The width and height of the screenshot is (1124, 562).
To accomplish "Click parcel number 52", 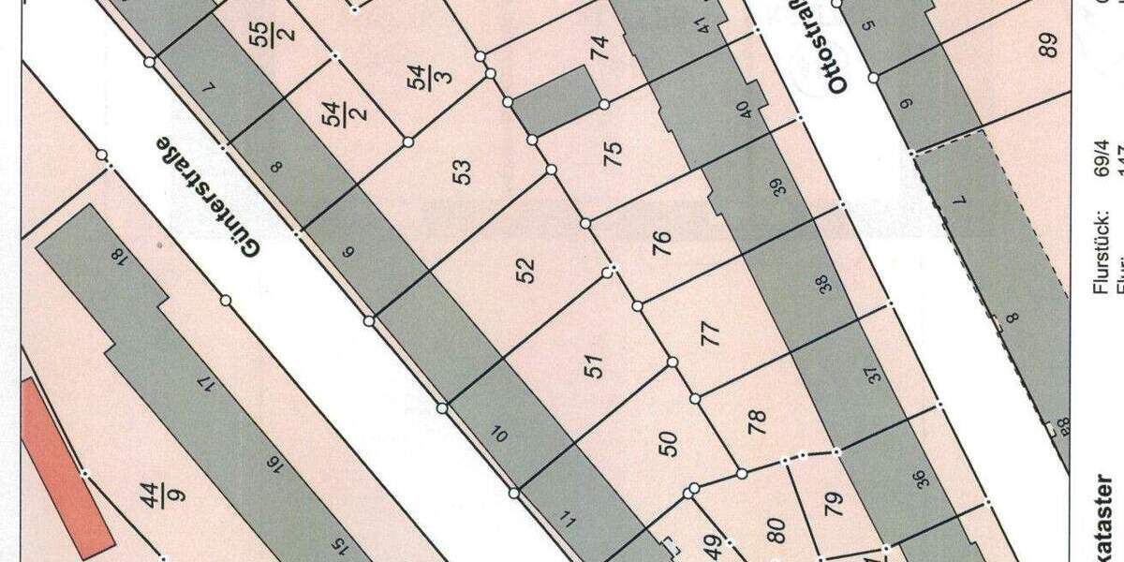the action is [x=526, y=270].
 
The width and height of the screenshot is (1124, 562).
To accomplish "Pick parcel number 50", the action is [x=668, y=443].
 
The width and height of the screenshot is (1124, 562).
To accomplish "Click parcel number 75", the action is [x=614, y=153].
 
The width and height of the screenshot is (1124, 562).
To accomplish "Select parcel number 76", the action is [x=661, y=244].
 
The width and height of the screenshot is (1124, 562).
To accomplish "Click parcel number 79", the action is [x=833, y=502].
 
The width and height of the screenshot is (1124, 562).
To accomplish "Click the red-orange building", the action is [x=66, y=464].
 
